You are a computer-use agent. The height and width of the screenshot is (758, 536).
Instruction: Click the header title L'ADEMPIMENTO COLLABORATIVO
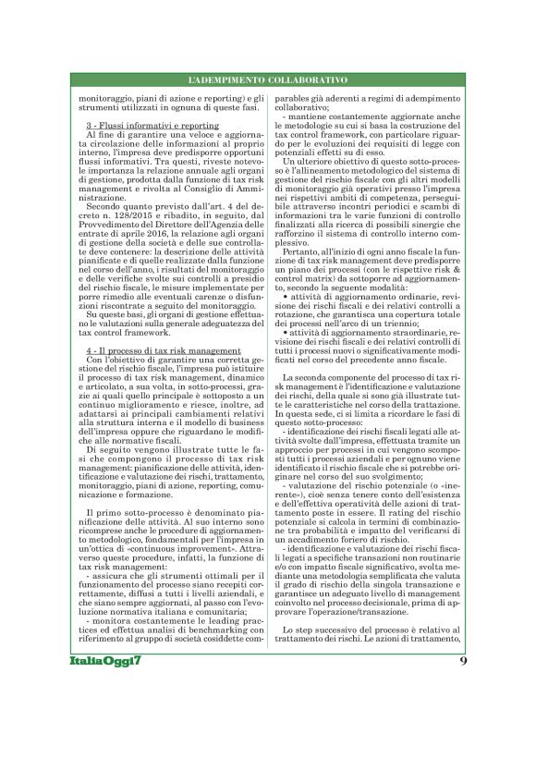[268, 81]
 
